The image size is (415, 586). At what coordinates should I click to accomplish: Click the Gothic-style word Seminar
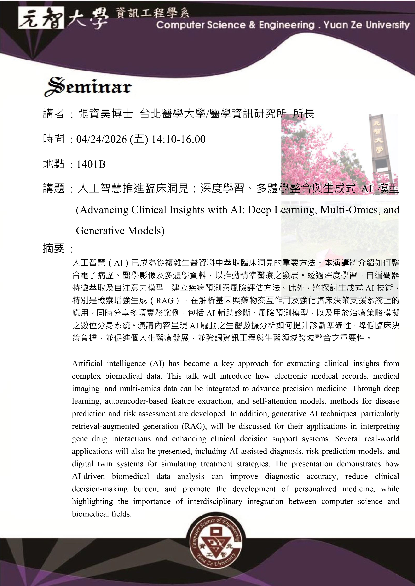[x=88, y=87]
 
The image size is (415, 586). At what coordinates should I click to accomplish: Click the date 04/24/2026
[x=101, y=139]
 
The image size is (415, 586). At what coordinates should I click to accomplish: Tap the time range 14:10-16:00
[x=178, y=139]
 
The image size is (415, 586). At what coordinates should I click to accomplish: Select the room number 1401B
[x=91, y=164]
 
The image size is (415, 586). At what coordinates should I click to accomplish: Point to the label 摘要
[x=54, y=248]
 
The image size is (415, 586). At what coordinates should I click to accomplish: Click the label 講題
[x=54, y=189]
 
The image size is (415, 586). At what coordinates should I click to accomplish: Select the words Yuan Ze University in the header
[x=366, y=25]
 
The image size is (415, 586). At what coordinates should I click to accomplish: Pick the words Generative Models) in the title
[x=120, y=231]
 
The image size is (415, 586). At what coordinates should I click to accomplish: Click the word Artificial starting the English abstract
[x=87, y=363]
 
